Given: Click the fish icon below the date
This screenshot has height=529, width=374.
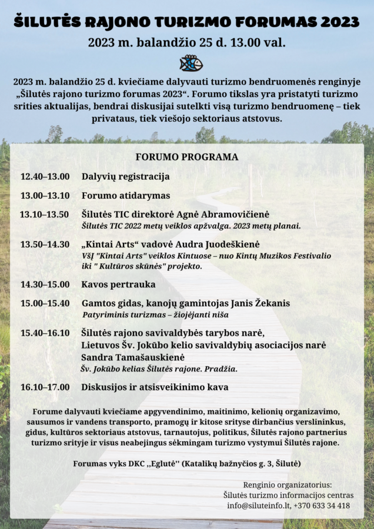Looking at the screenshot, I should (x=191, y=63).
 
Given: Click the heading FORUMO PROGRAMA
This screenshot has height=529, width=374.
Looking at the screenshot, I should (x=187, y=157).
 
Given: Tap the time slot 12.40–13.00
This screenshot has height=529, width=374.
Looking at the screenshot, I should (x=45, y=176).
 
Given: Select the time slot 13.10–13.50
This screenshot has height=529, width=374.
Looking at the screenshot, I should (x=45, y=215).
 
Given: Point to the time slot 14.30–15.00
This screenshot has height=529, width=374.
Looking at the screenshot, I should (x=45, y=284).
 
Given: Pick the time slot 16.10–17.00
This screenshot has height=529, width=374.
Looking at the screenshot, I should (x=45, y=387).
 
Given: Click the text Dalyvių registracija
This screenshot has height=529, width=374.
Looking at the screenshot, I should (x=125, y=176).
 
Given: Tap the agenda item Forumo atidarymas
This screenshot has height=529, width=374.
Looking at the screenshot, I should (x=125, y=196).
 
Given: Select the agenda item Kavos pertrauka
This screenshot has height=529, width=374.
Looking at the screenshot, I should (x=118, y=284).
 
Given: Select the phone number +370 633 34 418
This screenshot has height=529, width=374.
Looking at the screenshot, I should (x=324, y=505).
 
